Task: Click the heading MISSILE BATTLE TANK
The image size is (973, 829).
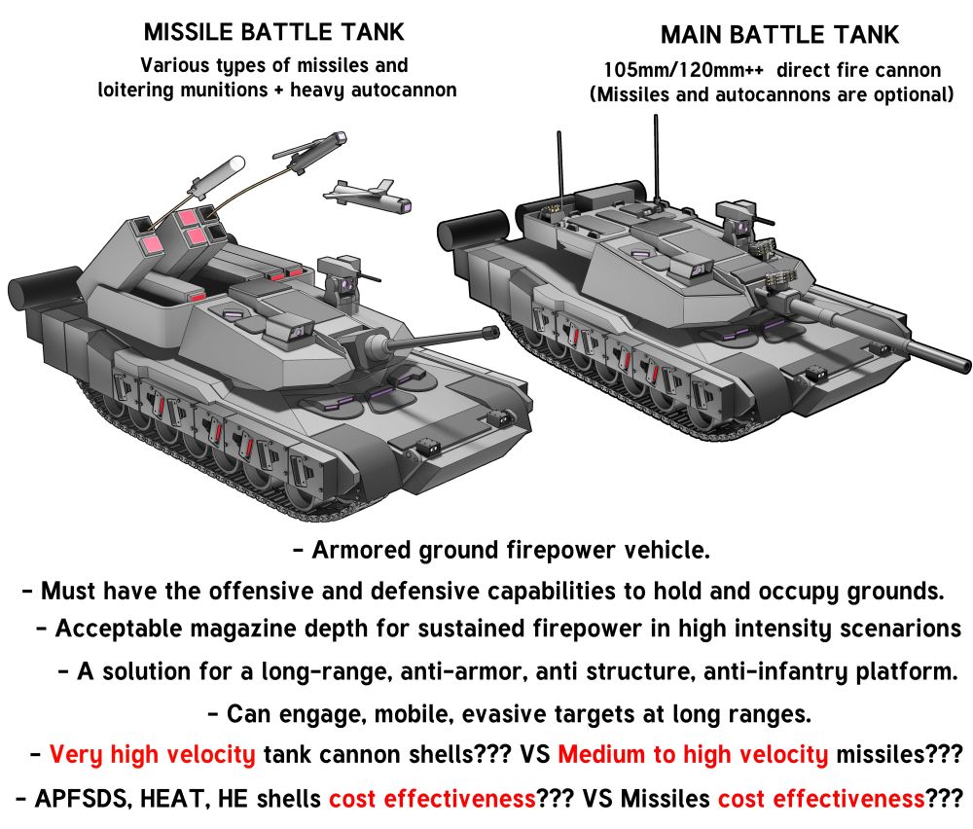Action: click(x=273, y=32)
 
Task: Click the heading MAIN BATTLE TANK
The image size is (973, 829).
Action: click(x=779, y=35)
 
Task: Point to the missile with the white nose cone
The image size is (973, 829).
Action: click(x=217, y=176)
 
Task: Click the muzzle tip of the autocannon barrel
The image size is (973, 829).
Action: click(x=493, y=333)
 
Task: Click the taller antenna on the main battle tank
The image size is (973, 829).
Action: click(x=656, y=159)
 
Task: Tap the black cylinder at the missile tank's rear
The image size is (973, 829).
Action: click(x=44, y=292)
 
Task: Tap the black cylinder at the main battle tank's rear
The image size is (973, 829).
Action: click(x=474, y=233)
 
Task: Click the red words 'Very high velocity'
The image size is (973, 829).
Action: click(x=152, y=754)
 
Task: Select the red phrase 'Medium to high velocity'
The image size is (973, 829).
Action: click(x=693, y=754)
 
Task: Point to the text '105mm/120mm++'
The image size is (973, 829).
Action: click(x=684, y=70)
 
